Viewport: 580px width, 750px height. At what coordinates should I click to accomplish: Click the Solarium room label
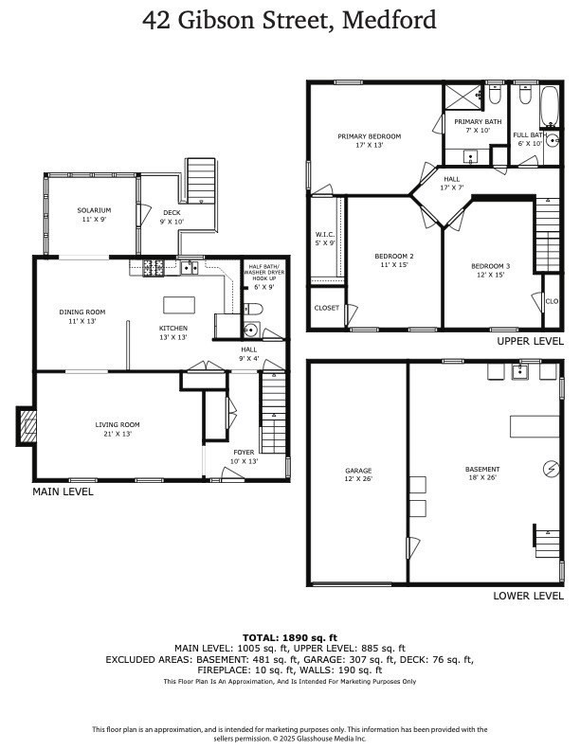pos(94,214)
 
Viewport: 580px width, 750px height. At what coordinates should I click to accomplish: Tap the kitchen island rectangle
pos(178,305)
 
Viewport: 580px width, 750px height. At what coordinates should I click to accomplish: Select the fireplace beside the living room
pos(26,425)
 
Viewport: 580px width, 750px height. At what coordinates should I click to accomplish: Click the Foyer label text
pos(244,456)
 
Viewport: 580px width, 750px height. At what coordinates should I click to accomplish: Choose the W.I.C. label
pos(325,239)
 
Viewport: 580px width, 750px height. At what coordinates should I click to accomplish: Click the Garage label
pos(357,474)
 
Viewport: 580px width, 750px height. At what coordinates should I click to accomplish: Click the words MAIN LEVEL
pos(63,491)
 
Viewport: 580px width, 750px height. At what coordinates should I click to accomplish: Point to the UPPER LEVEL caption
pos(530,341)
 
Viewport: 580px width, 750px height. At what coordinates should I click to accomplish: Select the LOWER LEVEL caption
pos(528,596)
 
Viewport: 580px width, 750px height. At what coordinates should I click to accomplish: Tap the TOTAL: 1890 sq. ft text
pos(289,637)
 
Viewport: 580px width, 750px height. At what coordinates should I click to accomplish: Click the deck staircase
pos(201,180)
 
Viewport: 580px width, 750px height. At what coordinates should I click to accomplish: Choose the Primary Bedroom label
pos(369,141)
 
